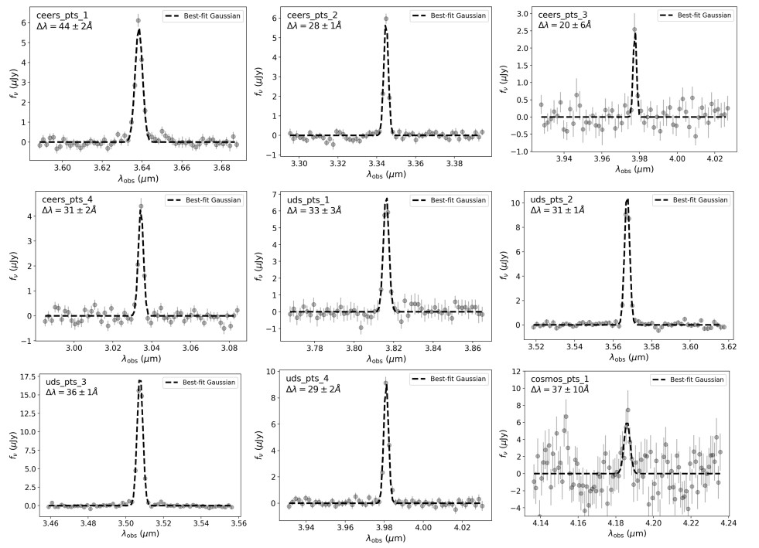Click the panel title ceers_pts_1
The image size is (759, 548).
(68, 15)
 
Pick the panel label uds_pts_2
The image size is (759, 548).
(552, 199)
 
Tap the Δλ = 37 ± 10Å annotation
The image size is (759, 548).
(566, 390)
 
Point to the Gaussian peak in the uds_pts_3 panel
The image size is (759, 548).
(140, 380)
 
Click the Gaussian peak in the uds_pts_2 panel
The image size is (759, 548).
(627, 200)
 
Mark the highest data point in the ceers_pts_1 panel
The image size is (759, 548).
(138, 21)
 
